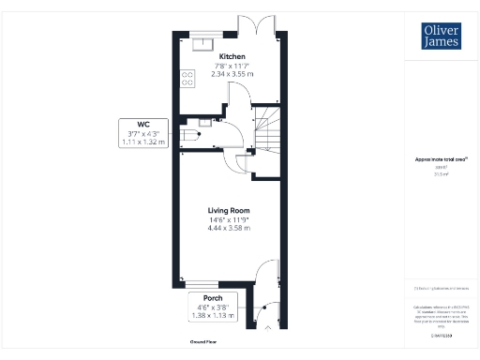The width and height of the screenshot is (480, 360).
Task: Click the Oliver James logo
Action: [x=441, y=35]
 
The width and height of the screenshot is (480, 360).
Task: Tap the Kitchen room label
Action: [x=232, y=55]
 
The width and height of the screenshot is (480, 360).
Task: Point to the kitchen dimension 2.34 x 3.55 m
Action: [x=232, y=74]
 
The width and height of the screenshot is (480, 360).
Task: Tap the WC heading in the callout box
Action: [x=143, y=124]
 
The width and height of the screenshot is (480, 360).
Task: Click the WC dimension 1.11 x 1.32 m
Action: [x=143, y=142]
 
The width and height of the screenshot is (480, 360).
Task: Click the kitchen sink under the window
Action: [x=203, y=40]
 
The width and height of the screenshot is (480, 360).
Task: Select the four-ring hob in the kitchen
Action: [x=187, y=79]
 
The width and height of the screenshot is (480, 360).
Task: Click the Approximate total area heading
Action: [x=441, y=159]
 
